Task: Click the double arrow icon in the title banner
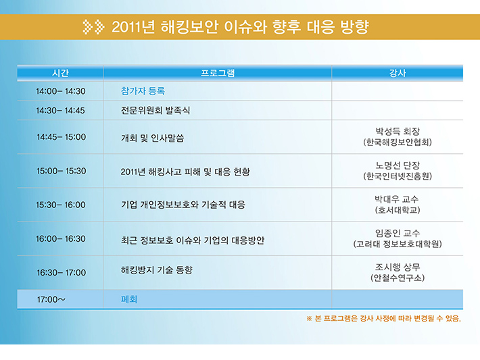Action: click(x=94, y=27)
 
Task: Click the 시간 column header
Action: click(x=60, y=73)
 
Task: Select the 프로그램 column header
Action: click(x=218, y=73)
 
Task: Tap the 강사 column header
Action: click(x=398, y=73)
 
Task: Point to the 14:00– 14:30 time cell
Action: click(x=61, y=91)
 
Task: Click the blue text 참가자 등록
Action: click(x=143, y=91)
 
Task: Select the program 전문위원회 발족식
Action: click(x=155, y=110)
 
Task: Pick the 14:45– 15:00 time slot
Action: click(x=62, y=137)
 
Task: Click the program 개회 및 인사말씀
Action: click(x=152, y=138)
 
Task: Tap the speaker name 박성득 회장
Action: click(x=398, y=131)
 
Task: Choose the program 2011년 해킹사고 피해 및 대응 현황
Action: click(x=185, y=172)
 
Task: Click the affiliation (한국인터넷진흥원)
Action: click(x=398, y=176)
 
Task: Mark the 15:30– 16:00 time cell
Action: click(x=61, y=205)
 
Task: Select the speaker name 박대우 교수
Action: click(x=397, y=199)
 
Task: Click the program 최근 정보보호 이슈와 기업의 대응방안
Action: click(x=193, y=240)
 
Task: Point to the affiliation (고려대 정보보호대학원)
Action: click(x=398, y=244)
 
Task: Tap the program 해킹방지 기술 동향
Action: click(x=157, y=269)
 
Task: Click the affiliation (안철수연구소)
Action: click(x=398, y=278)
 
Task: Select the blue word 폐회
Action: click(x=129, y=299)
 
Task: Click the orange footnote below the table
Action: click(x=383, y=318)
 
